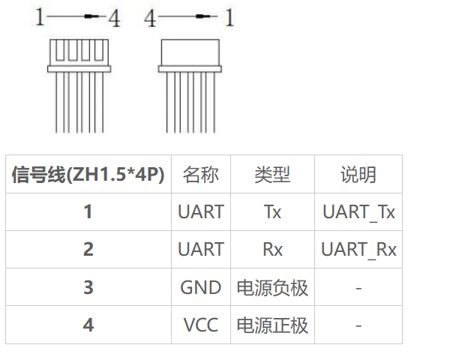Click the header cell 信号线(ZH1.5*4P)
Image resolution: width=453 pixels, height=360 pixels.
pos(88,175)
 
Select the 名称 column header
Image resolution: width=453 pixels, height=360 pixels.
pos(201,175)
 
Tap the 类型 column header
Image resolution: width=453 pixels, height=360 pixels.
pos(272,175)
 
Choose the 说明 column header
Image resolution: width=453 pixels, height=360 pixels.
pos(358,175)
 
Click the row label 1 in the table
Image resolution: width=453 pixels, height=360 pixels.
pos(88,211)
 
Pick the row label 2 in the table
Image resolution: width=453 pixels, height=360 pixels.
pos(88,249)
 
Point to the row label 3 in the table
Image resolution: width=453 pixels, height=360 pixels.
pos(88,287)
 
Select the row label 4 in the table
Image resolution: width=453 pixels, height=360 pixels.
pos(88,325)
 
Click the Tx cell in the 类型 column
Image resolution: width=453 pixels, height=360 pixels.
pos(272,211)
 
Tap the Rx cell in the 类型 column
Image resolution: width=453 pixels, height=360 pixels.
pos(272,249)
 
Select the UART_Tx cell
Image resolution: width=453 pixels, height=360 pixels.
pos(358,211)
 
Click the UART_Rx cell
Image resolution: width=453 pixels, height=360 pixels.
pos(358,249)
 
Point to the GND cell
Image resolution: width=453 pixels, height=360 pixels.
pos(201,287)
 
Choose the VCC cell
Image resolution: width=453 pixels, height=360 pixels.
pos(201,325)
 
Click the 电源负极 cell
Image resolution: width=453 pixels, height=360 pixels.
pos(272,287)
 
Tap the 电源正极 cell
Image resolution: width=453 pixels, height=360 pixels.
pos(272,325)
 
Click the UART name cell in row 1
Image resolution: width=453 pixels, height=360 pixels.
pos(201,211)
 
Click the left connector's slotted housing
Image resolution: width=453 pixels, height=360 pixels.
pos(73,52)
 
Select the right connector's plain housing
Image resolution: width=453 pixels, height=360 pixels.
pos(191,52)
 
